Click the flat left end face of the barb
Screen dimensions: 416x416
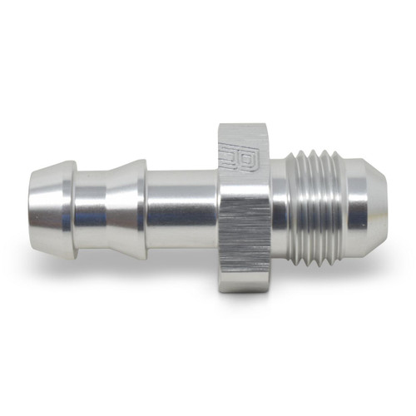(x=30, y=204)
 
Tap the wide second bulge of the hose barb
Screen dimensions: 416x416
(x=108, y=205)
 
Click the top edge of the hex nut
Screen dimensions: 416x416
(x=243, y=125)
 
